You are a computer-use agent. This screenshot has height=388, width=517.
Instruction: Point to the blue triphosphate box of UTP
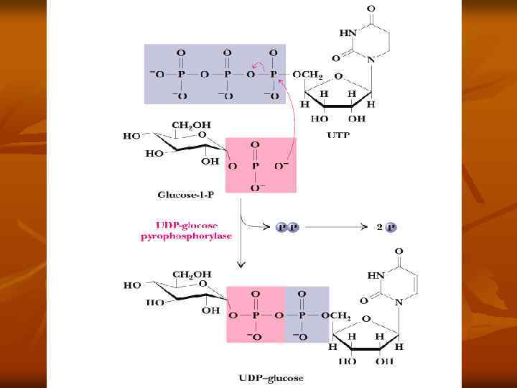click(215, 74)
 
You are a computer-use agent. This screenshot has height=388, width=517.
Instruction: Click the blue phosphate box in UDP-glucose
click(307, 313)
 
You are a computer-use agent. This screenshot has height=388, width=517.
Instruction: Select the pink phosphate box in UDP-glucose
click(256, 313)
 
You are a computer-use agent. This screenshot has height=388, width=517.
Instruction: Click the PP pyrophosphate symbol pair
click(287, 227)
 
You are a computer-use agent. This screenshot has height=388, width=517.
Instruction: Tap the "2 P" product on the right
click(386, 227)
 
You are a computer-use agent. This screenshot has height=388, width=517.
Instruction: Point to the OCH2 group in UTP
click(307, 75)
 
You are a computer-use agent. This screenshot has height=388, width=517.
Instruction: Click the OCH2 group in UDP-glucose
click(335, 315)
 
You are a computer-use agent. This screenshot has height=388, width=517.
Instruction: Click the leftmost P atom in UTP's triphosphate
click(181, 74)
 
